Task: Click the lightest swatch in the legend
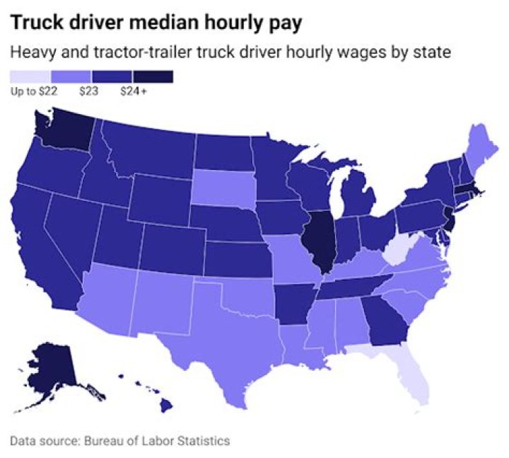(x=30, y=76)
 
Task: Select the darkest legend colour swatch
(x=152, y=76)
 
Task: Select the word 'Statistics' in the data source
(x=202, y=441)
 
